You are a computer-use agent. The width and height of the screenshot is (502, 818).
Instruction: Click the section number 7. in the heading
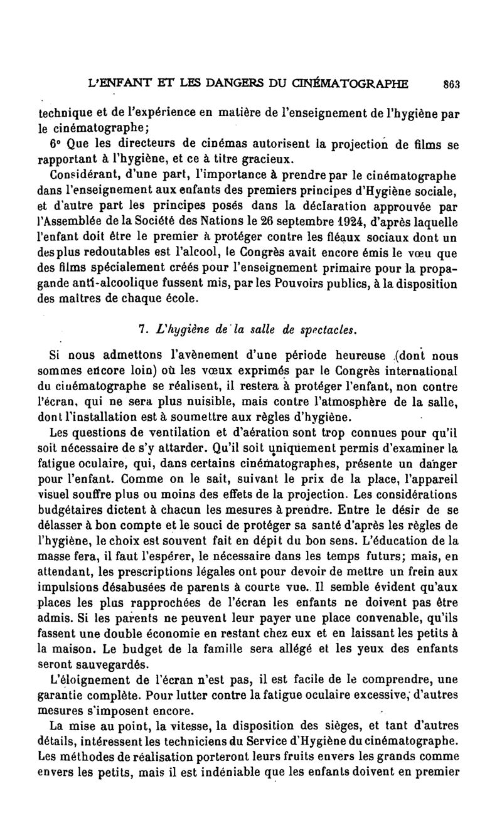142,327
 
